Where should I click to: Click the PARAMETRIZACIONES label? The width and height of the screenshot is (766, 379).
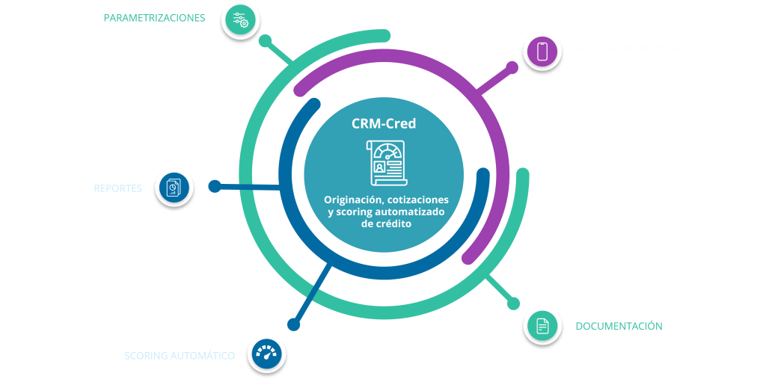coord(154,17)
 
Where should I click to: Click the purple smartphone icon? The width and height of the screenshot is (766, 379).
coord(543,51)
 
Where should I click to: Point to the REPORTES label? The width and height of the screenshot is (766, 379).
coord(117,188)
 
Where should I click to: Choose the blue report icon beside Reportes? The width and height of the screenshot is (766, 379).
coord(174,187)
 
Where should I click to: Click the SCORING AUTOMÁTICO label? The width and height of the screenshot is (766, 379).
coord(180,356)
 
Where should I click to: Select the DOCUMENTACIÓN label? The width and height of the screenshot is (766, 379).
coord(619,326)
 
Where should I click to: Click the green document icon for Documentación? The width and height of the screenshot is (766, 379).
coord(542,326)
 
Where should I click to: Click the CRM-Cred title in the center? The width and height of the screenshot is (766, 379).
coord(384,124)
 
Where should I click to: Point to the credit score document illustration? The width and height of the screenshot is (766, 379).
coord(384,161)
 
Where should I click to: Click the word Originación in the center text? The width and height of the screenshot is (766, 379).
coord(354,200)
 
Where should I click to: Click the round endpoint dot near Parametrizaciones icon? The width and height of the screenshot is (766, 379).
coord(263,38)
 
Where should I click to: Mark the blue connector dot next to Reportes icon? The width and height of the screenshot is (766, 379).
coord(214,185)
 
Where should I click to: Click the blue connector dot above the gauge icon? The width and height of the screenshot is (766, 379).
coord(294,324)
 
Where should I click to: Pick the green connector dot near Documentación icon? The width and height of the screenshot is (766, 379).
coord(512,303)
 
